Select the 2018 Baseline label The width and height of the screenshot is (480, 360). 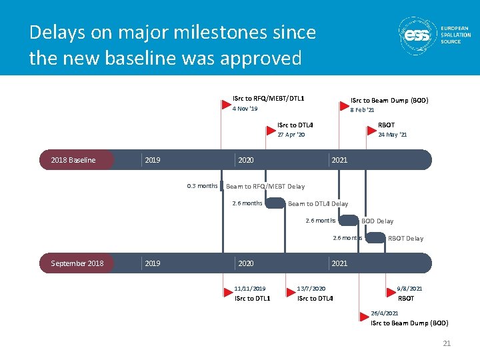pyautogui.click(x=73, y=160)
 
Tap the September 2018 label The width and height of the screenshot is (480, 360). pyautogui.click(x=77, y=263)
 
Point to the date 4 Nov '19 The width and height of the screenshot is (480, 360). pyautogui.click(x=245, y=109)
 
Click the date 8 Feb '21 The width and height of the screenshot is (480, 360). pyautogui.click(x=362, y=110)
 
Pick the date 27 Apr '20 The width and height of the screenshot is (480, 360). pyautogui.click(x=291, y=135)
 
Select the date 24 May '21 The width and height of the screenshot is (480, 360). pyautogui.click(x=392, y=135)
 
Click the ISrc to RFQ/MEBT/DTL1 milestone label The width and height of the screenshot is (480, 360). pyautogui.click(x=268, y=99)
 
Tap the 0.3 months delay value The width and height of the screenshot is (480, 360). pyautogui.click(x=202, y=186)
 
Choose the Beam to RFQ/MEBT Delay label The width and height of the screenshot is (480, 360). pyautogui.click(x=265, y=187)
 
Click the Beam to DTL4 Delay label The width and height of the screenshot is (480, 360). pyautogui.click(x=318, y=204)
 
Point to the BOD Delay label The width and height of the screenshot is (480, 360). pyautogui.click(x=377, y=221)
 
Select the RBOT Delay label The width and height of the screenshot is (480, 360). pyautogui.click(x=405, y=238)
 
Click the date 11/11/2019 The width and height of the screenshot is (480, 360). pyautogui.click(x=250, y=289)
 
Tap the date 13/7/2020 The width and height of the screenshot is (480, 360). pyautogui.click(x=311, y=289)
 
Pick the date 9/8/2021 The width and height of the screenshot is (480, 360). pyautogui.click(x=409, y=289)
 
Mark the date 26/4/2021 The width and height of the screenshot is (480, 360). pyautogui.click(x=385, y=313)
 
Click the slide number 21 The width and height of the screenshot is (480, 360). pyautogui.click(x=447, y=343)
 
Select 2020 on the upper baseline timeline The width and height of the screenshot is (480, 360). pyautogui.click(x=245, y=160)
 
